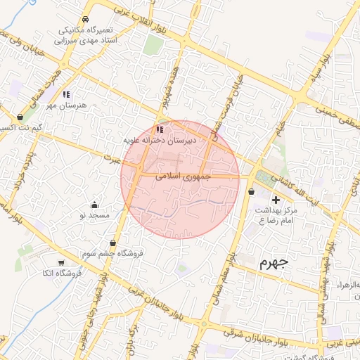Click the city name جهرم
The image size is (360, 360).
coord(274,264)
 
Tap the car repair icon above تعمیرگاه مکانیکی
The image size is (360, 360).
coord(85,20)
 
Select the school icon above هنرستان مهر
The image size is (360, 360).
coord(66,94)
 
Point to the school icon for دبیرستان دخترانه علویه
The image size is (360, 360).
coord(160,129)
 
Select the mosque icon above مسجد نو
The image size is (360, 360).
coord(95,205)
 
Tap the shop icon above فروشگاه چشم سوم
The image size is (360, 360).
coord(112,243)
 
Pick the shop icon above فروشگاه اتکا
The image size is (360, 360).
coord(51,262)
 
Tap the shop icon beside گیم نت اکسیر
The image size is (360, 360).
coord(19,117)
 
